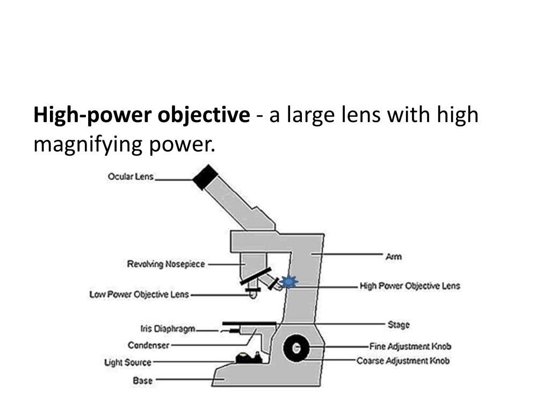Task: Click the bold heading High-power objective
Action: pyautogui.click(x=141, y=115)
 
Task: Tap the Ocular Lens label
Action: pyautogui.click(x=131, y=176)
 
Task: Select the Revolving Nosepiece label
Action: pyautogui.click(x=165, y=264)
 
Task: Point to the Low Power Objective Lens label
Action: pyautogui.click(x=139, y=294)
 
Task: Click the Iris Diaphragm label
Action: pyautogui.click(x=167, y=329)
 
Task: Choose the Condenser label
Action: pyautogui.click(x=148, y=345)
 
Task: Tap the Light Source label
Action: pyautogui.click(x=127, y=362)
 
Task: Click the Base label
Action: pyautogui.click(x=142, y=381)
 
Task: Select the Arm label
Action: pyautogui.click(x=393, y=257)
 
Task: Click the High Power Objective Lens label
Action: pyautogui.click(x=409, y=286)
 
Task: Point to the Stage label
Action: pyautogui.click(x=398, y=324)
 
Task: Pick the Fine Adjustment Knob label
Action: pyautogui.click(x=410, y=346)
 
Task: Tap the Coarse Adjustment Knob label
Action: pyautogui.click(x=403, y=360)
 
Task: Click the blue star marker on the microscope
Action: pyautogui.click(x=289, y=281)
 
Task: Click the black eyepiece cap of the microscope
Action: pyautogui.click(x=205, y=177)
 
